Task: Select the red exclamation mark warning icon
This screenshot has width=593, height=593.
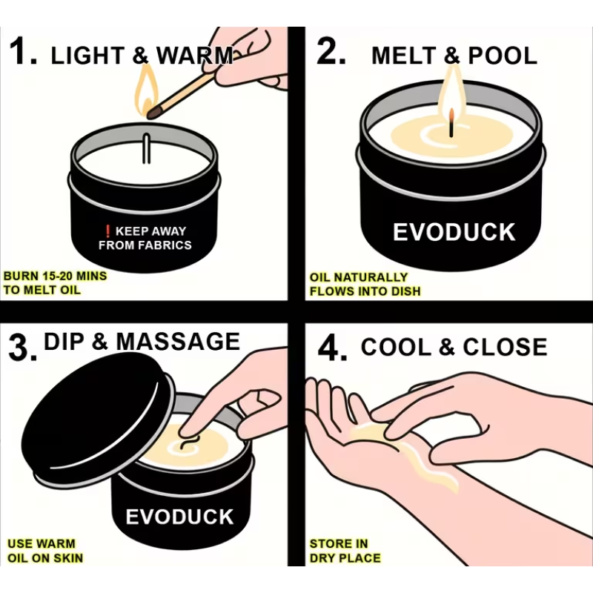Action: point(107,231)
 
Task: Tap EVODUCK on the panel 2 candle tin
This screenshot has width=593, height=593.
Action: point(454,232)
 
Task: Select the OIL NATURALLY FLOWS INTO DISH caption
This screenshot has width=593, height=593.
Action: point(365,285)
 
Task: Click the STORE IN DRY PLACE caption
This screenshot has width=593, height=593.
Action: point(345,551)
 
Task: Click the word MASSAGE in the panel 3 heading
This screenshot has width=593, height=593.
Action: point(178,341)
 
